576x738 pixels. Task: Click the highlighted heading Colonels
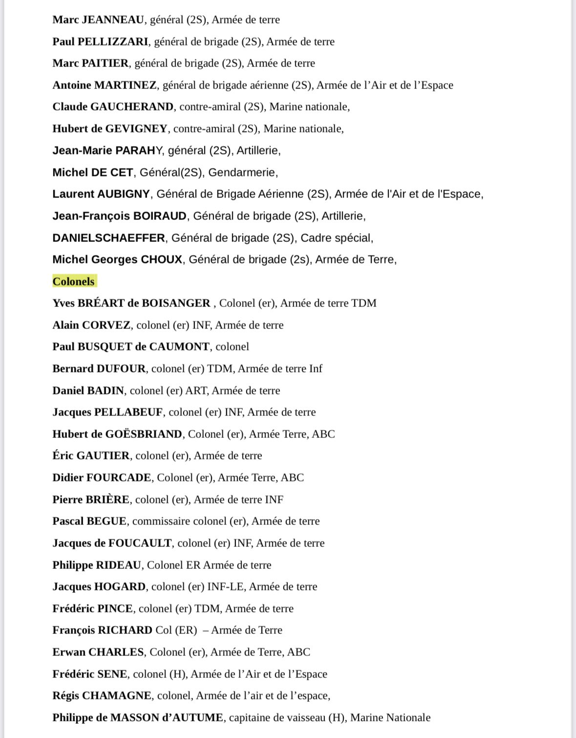(74, 282)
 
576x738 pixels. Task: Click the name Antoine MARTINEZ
(105, 85)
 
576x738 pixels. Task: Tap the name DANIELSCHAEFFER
(108, 238)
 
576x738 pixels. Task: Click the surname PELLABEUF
(128, 412)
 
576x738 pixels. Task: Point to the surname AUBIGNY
(124, 194)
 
